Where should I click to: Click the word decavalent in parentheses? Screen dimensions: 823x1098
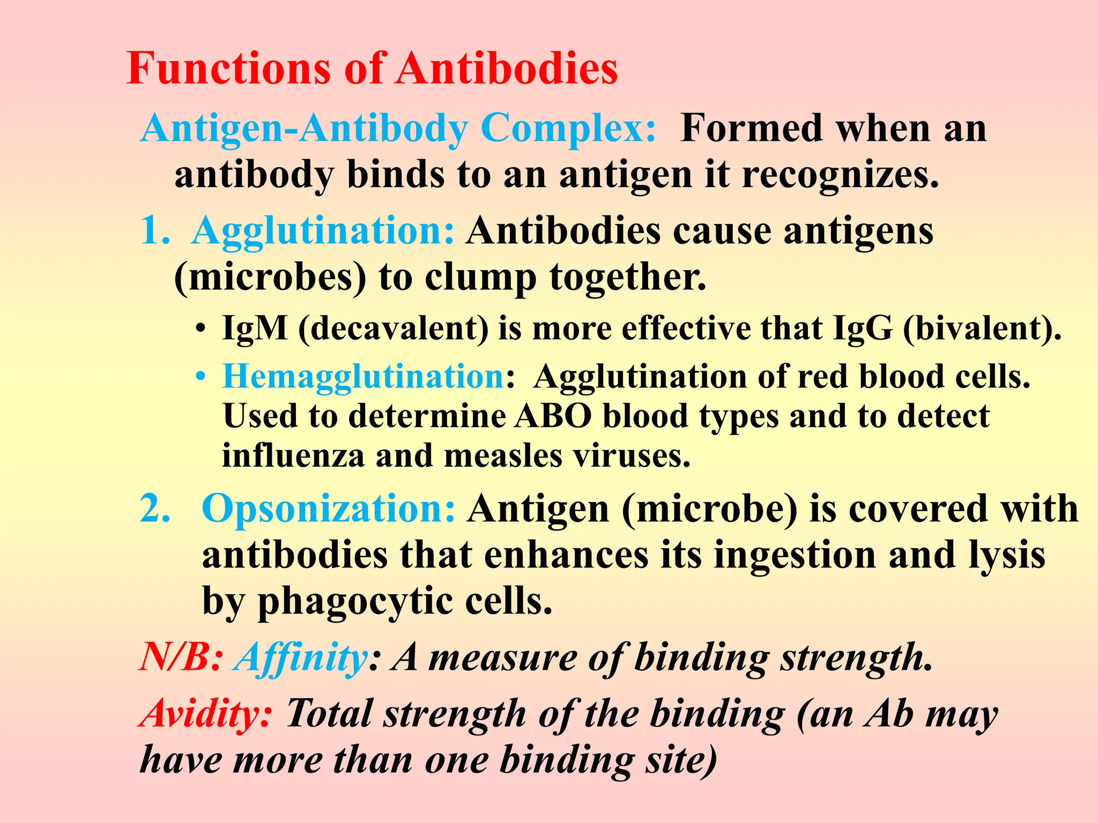[394, 328]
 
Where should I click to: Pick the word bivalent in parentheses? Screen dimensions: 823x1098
[981, 328]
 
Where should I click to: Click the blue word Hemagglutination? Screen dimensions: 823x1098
[363, 376]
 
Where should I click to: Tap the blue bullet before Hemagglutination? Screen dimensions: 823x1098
[200, 377]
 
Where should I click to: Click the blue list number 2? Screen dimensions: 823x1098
[155, 508]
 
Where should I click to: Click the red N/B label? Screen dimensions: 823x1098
[180, 657]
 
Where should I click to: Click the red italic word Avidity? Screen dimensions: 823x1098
[206, 714]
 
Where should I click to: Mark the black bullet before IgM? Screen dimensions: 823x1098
[200, 328]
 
